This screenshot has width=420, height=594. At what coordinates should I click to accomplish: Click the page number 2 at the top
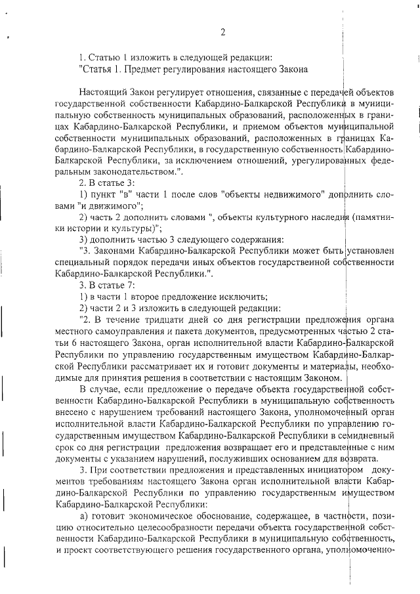[223, 33]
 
